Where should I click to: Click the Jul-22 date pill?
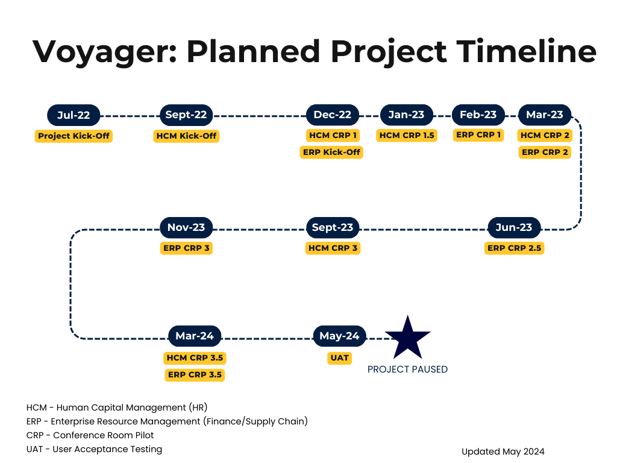coord(74,115)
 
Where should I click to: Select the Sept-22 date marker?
coord(186,115)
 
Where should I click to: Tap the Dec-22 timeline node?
coord(333,115)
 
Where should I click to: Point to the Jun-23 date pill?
coord(514,227)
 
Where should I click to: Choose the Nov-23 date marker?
coord(186,227)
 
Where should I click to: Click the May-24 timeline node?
coord(340,336)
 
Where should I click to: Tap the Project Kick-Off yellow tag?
coord(74,136)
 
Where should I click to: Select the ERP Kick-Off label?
coord(331,152)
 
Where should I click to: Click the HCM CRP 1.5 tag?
coord(407,136)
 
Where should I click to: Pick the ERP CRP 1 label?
coord(478,135)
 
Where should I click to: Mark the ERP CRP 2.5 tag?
coord(514,248)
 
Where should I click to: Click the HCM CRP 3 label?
coord(333,248)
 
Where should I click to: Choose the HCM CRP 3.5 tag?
coord(195,358)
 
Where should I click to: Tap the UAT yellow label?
coord(340,358)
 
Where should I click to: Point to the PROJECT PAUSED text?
coord(407,370)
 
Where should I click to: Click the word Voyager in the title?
coord(105,52)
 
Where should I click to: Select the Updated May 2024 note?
coord(503,452)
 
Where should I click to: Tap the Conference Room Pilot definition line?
coord(90,435)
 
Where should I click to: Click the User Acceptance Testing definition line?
coord(94,449)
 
